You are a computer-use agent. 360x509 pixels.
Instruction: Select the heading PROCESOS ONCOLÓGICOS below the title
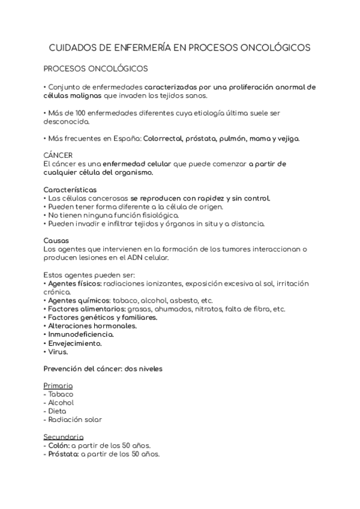[x=96, y=68]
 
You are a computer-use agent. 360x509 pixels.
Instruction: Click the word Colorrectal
[x=166, y=138]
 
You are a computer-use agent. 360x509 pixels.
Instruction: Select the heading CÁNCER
[x=58, y=155]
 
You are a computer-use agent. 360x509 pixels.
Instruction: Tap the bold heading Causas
[x=56, y=240]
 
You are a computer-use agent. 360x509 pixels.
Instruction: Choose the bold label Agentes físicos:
[x=75, y=283]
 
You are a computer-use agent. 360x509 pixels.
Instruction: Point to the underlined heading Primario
[x=59, y=385]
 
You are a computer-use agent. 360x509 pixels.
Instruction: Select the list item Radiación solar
[x=75, y=420]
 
